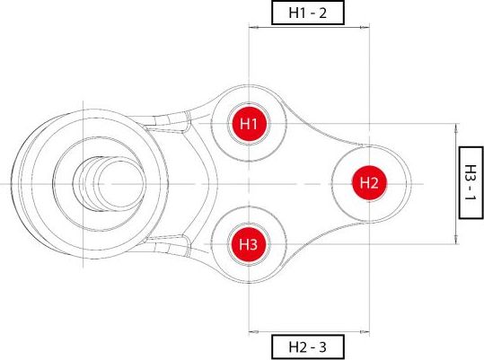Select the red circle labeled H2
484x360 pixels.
369,182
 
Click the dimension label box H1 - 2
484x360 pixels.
308,13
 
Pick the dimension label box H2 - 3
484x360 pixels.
308,347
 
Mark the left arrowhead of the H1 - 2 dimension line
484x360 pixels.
252,30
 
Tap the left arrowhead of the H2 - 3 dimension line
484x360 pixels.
252,329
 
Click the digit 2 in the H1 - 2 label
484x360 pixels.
327,13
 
